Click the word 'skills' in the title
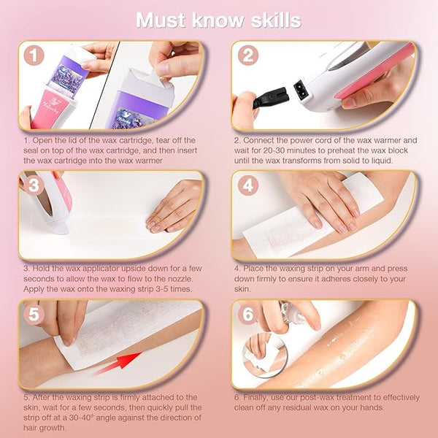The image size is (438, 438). tap(276, 20)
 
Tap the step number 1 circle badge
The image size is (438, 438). tap(34, 55)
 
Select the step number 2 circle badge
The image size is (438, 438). tap(248, 55)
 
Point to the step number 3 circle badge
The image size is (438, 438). tap(34, 185)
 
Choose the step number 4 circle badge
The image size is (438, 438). tap(248, 185)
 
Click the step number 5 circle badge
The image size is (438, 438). tap(34, 314)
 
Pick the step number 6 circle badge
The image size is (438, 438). tap(248, 314)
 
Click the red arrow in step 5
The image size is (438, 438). tap(118, 363)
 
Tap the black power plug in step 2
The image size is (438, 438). tap(269, 99)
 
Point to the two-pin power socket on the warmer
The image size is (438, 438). tap(301, 89)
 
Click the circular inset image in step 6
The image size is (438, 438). tap(265, 355)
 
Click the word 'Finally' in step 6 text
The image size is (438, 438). tap(255, 398)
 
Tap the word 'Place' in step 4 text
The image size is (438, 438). tap(253, 269)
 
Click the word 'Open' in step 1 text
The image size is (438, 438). tap(42, 140)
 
